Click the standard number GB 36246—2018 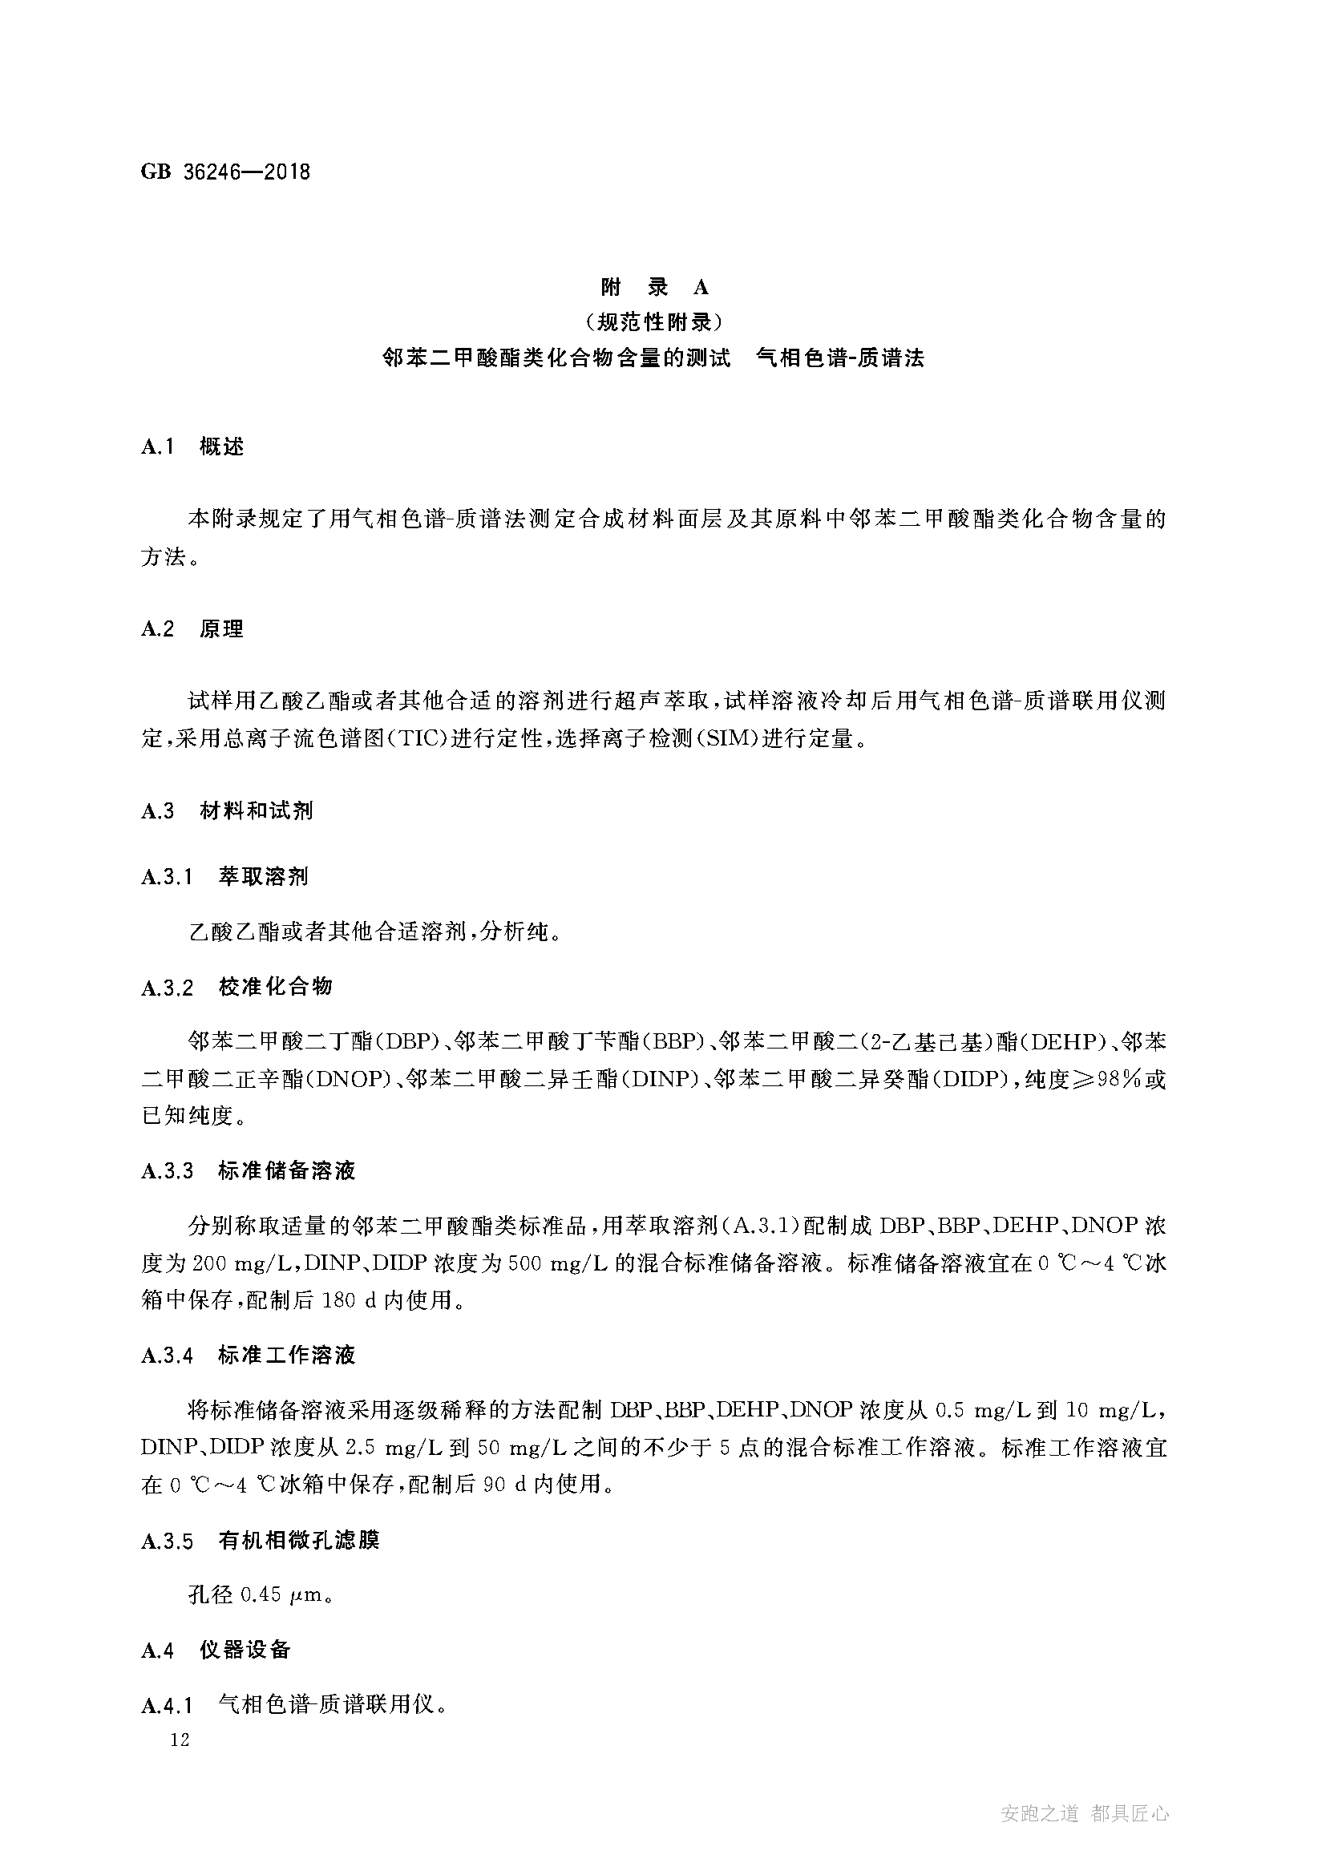point(225,172)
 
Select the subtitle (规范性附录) point(655,322)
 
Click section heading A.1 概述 point(192,447)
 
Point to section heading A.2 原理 point(192,628)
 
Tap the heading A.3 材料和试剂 point(227,811)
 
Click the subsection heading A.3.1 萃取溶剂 point(224,877)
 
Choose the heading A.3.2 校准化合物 point(236,988)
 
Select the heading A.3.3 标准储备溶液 point(249,1171)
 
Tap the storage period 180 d point(349,1300)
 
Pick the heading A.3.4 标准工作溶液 point(249,1356)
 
